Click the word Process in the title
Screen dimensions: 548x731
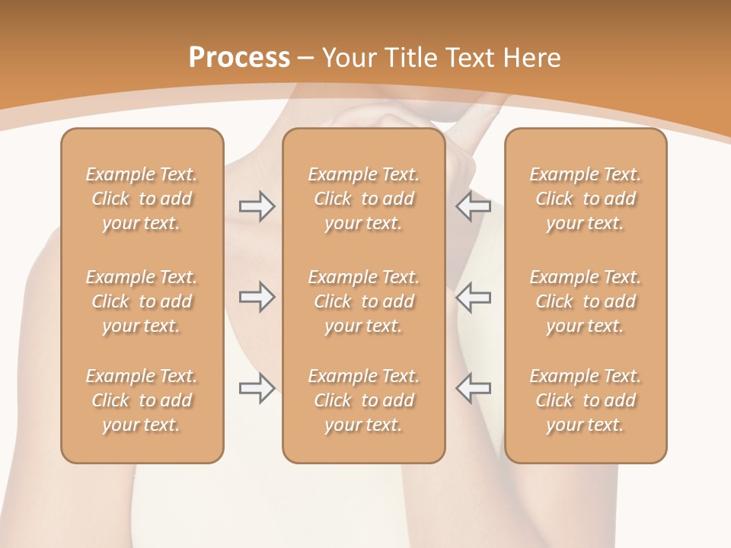pyautogui.click(x=239, y=58)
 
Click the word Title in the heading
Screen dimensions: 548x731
pyautogui.click(x=410, y=58)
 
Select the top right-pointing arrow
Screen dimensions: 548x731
pyautogui.click(x=257, y=206)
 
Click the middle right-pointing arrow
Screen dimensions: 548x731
pyautogui.click(x=257, y=297)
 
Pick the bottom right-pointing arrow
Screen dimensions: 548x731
pyautogui.click(x=257, y=388)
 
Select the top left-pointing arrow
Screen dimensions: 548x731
pyautogui.click(x=473, y=206)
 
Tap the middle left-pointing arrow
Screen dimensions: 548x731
pyautogui.click(x=473, y=297)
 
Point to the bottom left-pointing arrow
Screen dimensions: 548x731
pyautogui.click(x=473, y=388)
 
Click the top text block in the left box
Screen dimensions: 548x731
pyautogui.click(x=142, y=199)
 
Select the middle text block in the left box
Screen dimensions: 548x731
pyautogui.click(x=142, y=301)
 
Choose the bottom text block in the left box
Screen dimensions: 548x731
pyautogui.click(x=142, y=400)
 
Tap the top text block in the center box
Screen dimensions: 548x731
pyautogui.click(x=363, y=199)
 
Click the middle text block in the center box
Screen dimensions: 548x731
pyautogui.click(x=363, y=301)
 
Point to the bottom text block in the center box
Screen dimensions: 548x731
pyautogui.click(x=363, y=400)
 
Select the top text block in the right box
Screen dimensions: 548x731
pyautogui.click(x=586, y=199)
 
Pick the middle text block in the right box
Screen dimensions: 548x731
pyautogui.click(x=586, y=301)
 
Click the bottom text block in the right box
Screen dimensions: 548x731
pyautogui.click(x=586, y=400)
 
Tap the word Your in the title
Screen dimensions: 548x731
pyautogui.click(x=348, y=58)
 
